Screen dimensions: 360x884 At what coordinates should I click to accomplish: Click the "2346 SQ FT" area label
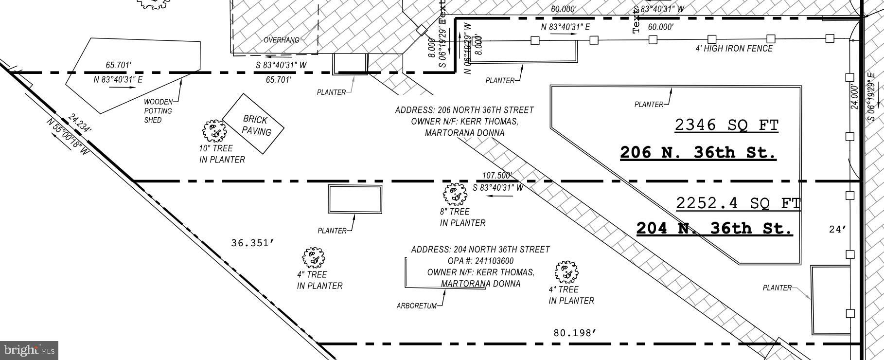tap(726, 126)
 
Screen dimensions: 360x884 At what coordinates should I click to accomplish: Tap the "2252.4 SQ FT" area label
tap(738, 203)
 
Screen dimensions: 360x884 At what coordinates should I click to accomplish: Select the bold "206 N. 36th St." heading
tap(698, 153)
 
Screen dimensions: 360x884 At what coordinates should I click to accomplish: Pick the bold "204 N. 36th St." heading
tap(714, 228)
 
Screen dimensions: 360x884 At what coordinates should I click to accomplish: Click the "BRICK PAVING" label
tap(256, 126)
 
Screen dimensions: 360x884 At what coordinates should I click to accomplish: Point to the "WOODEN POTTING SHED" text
tap(158, 111)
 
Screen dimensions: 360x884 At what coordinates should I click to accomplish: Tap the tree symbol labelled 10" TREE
tap(214, 130)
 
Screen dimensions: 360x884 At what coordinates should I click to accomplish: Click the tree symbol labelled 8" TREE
tap(455, 194)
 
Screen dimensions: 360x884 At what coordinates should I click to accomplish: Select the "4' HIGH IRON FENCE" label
tap(734, 49)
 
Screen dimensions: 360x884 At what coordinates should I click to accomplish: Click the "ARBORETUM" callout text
tap(417, 306)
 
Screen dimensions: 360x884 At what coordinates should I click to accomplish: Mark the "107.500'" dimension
tap(496, 176)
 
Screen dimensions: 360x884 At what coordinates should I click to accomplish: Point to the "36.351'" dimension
tap(250, 243)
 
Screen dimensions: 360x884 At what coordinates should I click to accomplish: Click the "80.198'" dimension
tap(575, 333)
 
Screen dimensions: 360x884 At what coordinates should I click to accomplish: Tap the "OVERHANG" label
tap(281, 40)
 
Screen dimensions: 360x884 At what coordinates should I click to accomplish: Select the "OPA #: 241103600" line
tap(480, 261)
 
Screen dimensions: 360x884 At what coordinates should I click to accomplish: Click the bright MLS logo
tap(29, 350)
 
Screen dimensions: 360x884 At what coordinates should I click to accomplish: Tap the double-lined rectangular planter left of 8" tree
tap(355, 199)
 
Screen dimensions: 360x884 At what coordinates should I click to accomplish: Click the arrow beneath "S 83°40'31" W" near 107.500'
tap(500, 196)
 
